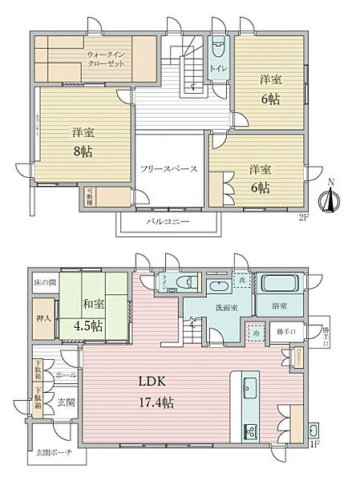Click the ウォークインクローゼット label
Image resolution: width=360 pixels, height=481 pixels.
pyautogui.click(x=106, y=59)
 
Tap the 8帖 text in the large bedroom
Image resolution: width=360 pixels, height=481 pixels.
pyautogui.click(x=80, y=152)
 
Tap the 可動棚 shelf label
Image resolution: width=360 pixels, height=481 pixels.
pyautogui.click(x=90, y=196)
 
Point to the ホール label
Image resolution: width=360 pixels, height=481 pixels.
pyautogui.click(x=66, y=374)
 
